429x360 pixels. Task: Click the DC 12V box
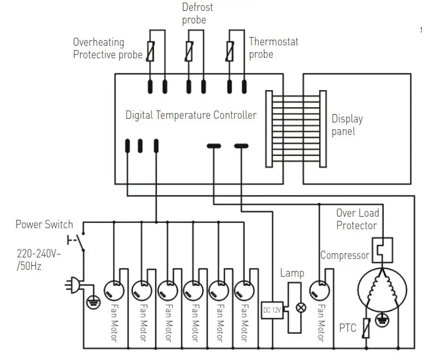click(272, 310)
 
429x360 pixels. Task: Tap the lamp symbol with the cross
click(301, 308)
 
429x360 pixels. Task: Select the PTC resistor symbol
click(366, 328)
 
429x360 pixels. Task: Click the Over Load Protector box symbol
click(383, 250)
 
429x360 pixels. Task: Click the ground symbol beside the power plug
click(94, 302)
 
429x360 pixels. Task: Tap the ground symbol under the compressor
click(382, 320)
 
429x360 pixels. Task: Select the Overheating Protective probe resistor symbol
click(150, 51)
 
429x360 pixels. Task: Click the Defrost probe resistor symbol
click(189, 51)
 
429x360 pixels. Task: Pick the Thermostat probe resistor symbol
click(230, 51)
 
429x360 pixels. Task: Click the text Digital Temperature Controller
click(191, 115)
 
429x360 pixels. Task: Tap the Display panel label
click(347, 125)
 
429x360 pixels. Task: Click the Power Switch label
click(44, 225)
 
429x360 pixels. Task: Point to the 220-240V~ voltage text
click(39, 254)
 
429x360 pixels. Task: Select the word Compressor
click(345, 255)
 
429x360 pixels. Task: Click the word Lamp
click(292, 273)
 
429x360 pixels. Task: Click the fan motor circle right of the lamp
click(319, 290)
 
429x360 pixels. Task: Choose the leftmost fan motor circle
click(114, 291)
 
